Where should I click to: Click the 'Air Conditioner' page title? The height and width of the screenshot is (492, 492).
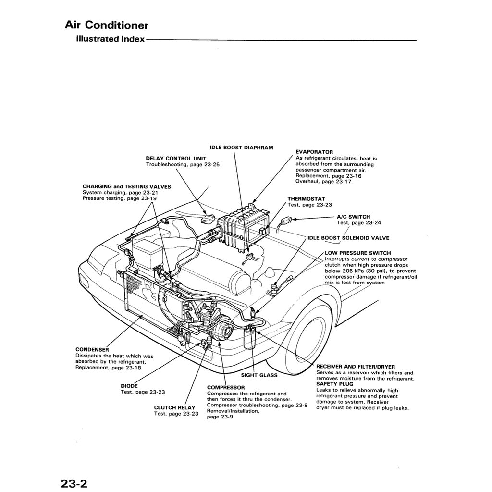pos(106,25)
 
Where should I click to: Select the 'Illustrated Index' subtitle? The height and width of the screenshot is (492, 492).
pos(110,39)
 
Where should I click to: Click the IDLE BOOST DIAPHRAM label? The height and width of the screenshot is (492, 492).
pos(241,148)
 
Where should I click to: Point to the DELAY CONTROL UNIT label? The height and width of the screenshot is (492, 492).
pos(176,158)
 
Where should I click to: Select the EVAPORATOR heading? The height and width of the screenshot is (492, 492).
pos(314,152)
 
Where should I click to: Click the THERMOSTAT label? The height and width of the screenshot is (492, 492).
pos(306,198)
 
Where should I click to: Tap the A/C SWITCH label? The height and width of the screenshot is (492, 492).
pos(353,217)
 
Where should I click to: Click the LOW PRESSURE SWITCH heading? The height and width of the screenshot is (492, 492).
pos(357,253)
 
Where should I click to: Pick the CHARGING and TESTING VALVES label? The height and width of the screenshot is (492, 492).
pos(126,186)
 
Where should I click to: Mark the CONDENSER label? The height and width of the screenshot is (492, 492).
pos(92,349)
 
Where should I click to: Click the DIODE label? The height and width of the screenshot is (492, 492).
pos(129,386)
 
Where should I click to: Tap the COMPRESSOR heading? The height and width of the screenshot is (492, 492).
pos(225,387)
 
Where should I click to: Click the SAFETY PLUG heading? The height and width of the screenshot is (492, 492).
pos(334,384)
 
